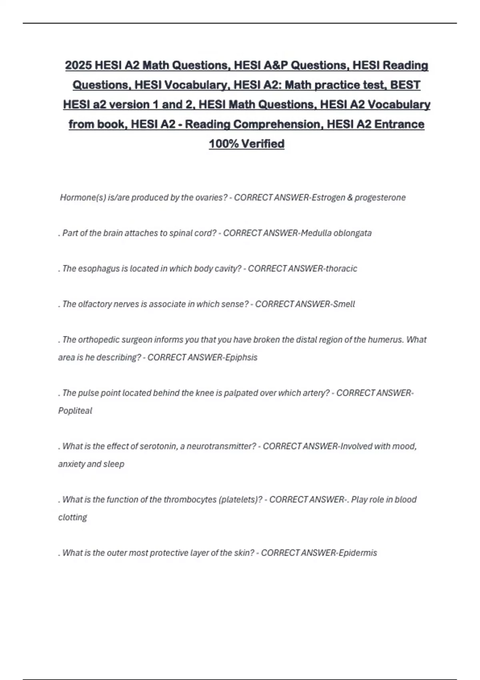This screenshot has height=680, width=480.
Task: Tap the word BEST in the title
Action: [405, 85]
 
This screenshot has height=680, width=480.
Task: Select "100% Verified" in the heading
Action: [246, 144]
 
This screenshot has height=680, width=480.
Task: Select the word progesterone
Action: [380, 198]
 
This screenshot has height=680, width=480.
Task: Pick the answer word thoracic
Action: [341, 268]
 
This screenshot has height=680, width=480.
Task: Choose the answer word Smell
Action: [344, 304]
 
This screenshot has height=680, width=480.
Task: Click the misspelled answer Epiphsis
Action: [241, 357]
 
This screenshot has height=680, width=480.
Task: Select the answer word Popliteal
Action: [75, 411]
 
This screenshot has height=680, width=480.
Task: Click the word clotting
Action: [72, 517]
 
